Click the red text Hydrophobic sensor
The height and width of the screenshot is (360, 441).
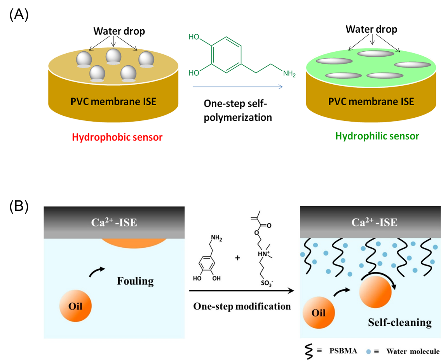(117, 137)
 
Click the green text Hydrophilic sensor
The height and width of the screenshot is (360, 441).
(377, 136)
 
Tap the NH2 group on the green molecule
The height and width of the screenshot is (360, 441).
(289, 73)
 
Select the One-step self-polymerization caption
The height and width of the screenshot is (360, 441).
(238, 110)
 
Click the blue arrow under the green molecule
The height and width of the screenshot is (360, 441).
(237, 87)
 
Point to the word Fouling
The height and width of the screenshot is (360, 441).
(135, 281)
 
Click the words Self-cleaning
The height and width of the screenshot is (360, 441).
(400, 322)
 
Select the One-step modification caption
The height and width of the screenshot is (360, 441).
(242, 306)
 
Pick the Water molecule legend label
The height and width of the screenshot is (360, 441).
(413, 351)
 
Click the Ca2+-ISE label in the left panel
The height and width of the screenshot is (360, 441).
(114, 223)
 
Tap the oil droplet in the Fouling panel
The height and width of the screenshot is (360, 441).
(76, 305)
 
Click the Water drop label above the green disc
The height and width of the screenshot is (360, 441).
(371, 29)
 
